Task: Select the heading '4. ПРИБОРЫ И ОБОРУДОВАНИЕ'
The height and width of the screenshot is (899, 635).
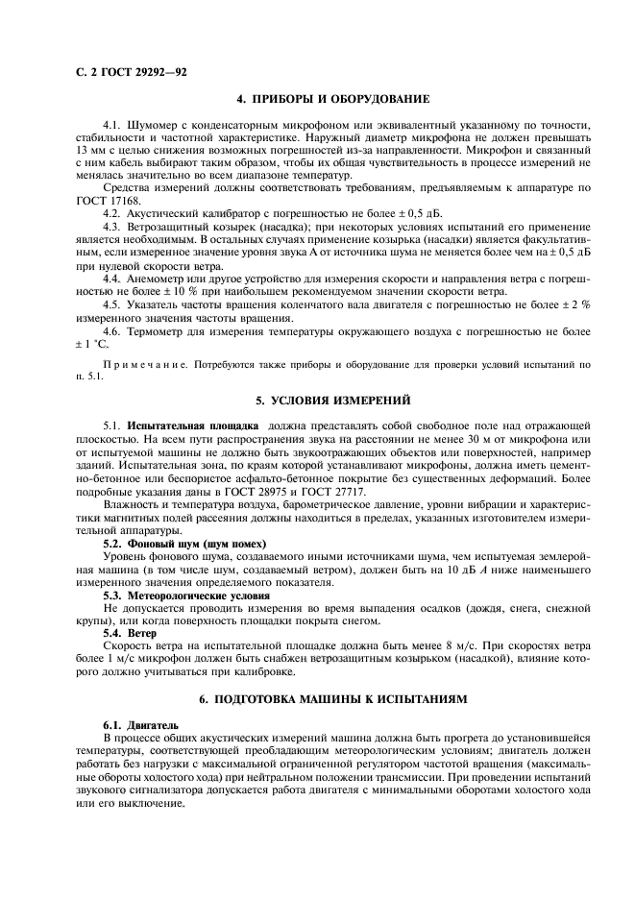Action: [x=332, y=99]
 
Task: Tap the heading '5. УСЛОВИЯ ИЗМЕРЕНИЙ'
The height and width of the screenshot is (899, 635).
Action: [x=332, y=398]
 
